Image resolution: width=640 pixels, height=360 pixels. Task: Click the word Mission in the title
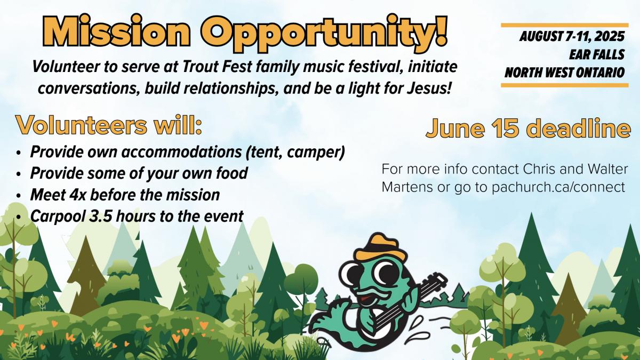coord(116,32)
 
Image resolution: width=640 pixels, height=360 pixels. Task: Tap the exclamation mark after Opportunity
coord(439,30)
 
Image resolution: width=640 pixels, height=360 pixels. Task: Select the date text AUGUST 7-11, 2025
coord(572,37)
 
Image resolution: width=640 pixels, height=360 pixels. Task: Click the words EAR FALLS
coord(597,54)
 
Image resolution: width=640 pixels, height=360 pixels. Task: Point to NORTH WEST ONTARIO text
coord(565,73)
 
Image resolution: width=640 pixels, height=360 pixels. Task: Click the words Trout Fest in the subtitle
coord(217,67)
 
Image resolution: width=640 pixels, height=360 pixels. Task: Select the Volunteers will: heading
coord(109,125)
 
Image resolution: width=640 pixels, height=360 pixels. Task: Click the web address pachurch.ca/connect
coord(558,187)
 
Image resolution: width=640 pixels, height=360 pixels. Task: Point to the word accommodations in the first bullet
coord(181,151)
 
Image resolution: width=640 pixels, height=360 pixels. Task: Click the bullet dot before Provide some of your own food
coord(19,174)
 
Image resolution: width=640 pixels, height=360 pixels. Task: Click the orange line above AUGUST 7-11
coord(565,25)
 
